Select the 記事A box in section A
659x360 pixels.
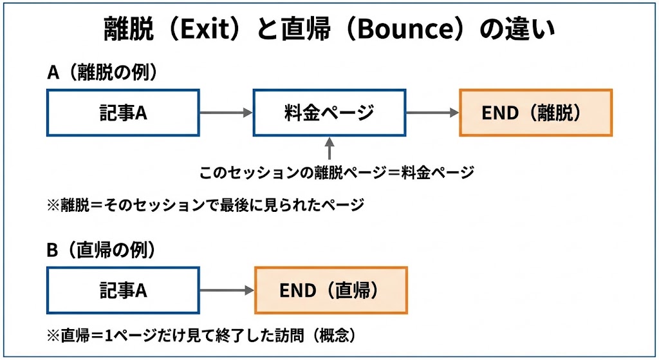pyautogui.click(x=123, y=113)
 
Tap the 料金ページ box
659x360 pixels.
pyautogui.click(x=329, y=113)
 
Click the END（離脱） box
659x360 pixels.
pyautogui.click(x=535, y=113)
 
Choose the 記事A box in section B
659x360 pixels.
pyautogui.click(x=123, y=290)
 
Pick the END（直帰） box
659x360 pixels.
pyautogui.click(x=331, y=290)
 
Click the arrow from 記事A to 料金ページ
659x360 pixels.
pyautogui.click(x=226, y=113)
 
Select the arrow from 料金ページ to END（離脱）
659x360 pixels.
pyautogui.click(x=432, y=113)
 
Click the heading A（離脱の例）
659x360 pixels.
pyautogui.click(x=102, y=72)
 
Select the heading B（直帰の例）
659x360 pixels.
pyautogui.click(x=102, y=250)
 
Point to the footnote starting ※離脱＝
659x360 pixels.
pyautogui.click(x=206, y=205)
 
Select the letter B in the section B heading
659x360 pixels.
pyautogui.click(x=53, y=250)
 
